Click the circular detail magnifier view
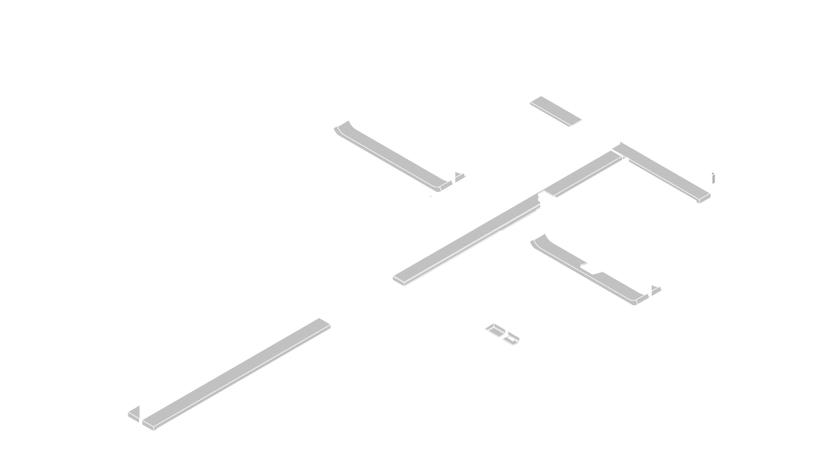tap(500, 331)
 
